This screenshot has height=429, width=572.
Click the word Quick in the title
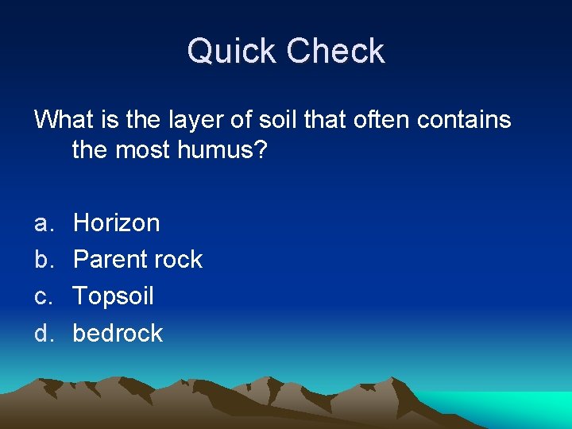232,52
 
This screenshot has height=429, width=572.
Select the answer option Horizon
116,223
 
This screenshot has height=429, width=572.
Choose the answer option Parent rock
137,260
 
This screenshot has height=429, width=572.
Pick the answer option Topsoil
113,297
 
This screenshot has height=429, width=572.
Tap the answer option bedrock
118,334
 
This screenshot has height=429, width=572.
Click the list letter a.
42,224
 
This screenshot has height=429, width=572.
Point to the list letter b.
42,260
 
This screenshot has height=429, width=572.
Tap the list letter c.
42,297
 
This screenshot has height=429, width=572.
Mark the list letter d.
42,334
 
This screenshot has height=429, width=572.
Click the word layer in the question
189,121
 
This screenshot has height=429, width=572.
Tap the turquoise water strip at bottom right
516,405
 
